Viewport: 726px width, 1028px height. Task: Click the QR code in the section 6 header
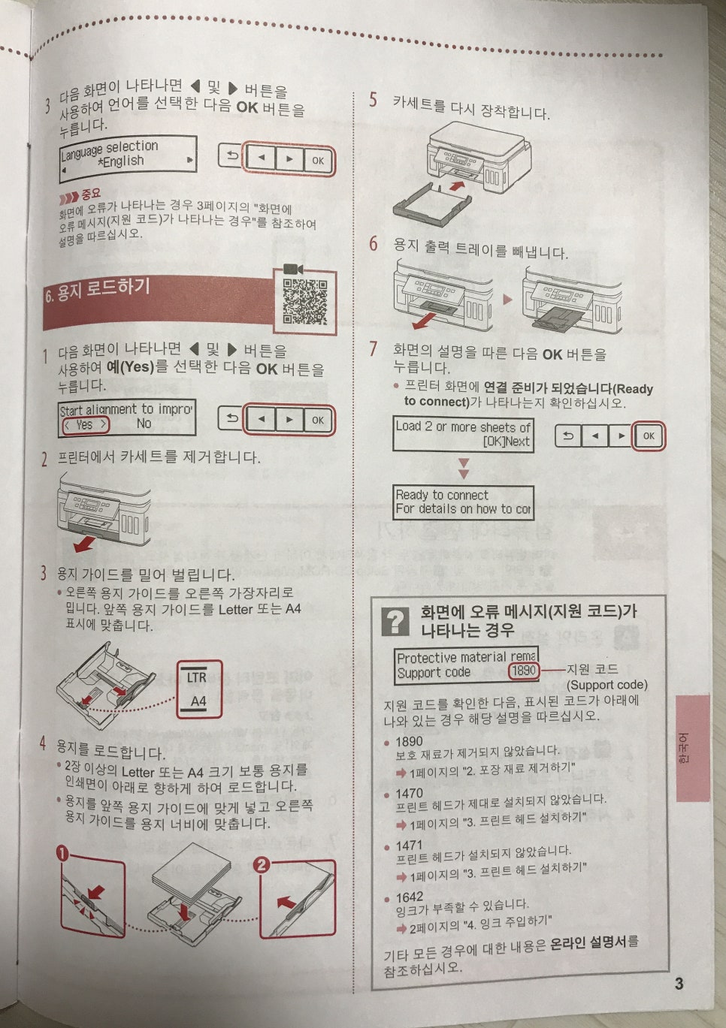click(304, 302)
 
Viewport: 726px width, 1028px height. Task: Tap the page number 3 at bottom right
click(679, 984)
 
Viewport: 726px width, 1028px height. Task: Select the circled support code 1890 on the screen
click(524, 671)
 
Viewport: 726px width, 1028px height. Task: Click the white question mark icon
click(395, 621)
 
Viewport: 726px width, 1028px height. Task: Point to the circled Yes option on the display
click(84, 425)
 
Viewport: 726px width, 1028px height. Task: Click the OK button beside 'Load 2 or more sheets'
click(649, 436)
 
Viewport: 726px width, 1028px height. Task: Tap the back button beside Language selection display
click(231, 157)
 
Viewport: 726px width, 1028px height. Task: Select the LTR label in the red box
click(196, 677)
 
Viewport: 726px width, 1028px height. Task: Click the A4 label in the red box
click(198, 701)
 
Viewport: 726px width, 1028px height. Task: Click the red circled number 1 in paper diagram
click(62, 854)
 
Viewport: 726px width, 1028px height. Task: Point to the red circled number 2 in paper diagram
click(261, 864)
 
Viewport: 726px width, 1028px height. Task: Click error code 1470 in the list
click(409, 793)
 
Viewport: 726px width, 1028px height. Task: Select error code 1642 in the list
click(409, 897)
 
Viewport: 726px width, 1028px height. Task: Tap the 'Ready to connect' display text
click(442, 495)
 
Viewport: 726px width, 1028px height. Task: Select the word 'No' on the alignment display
click(144, 424)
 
